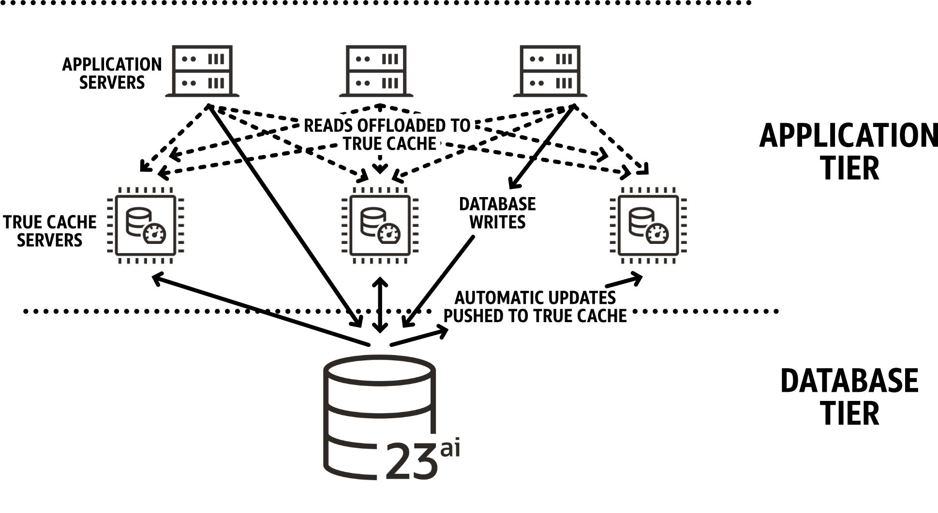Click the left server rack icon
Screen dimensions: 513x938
point(202,71)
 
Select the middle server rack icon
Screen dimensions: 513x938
point(376,71)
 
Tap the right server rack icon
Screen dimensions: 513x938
point(550,71)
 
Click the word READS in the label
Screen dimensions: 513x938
point(328,126)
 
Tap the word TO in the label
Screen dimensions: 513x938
point(460,126)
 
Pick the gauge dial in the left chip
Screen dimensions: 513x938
point(154,234)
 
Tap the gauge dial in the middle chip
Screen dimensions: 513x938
point(389,234)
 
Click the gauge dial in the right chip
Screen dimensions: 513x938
point(657,234)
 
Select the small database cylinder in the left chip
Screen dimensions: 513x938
point(137,221)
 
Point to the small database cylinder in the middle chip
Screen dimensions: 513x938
point(372,221)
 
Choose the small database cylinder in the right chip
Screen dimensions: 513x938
point(640,221)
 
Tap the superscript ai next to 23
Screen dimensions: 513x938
point(450,449)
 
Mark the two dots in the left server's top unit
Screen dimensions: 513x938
point(189,59)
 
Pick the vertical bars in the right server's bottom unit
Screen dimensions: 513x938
point(564,83)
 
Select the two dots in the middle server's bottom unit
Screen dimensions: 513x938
point(362,83)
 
